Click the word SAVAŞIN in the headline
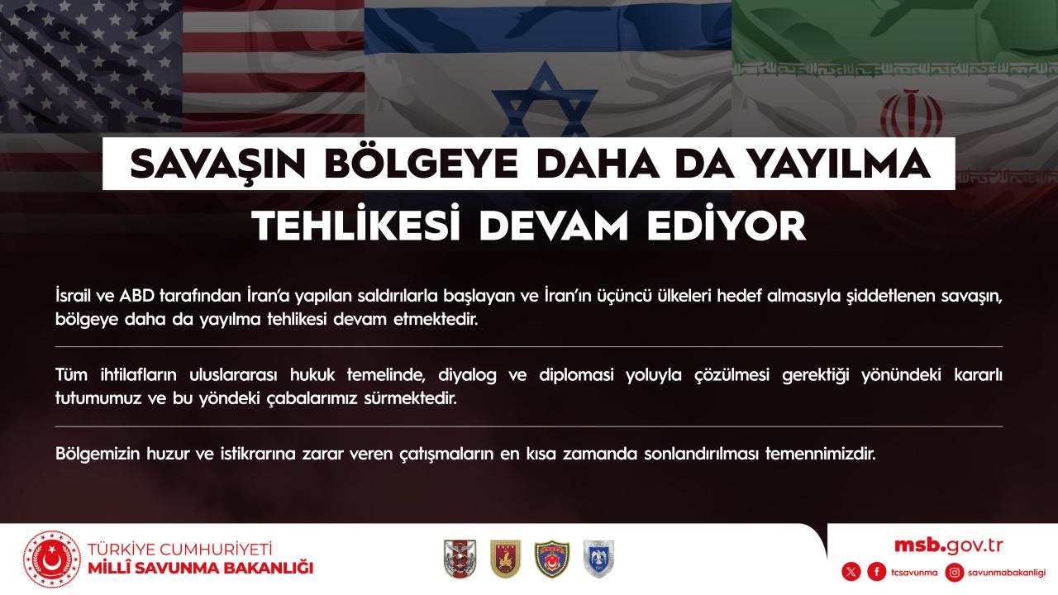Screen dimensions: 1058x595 pos(217,164)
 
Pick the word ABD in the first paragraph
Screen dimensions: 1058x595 pos(137,296)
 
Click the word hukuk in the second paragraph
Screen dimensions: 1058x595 pos(312,375)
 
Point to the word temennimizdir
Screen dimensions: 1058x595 pos(821,455)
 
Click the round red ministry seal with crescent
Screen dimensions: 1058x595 pos(52,559)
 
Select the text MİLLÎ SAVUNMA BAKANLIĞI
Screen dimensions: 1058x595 pos(201,569)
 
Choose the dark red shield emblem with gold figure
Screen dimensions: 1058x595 pos(505,559)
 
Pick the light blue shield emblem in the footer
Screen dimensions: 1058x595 pos(598,559)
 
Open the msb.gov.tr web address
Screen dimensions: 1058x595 pos(948,546)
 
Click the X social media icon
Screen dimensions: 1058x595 pos(851,573)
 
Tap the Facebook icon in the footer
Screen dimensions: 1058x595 pos(877,573)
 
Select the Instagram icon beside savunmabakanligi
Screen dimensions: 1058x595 pos(955,573)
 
